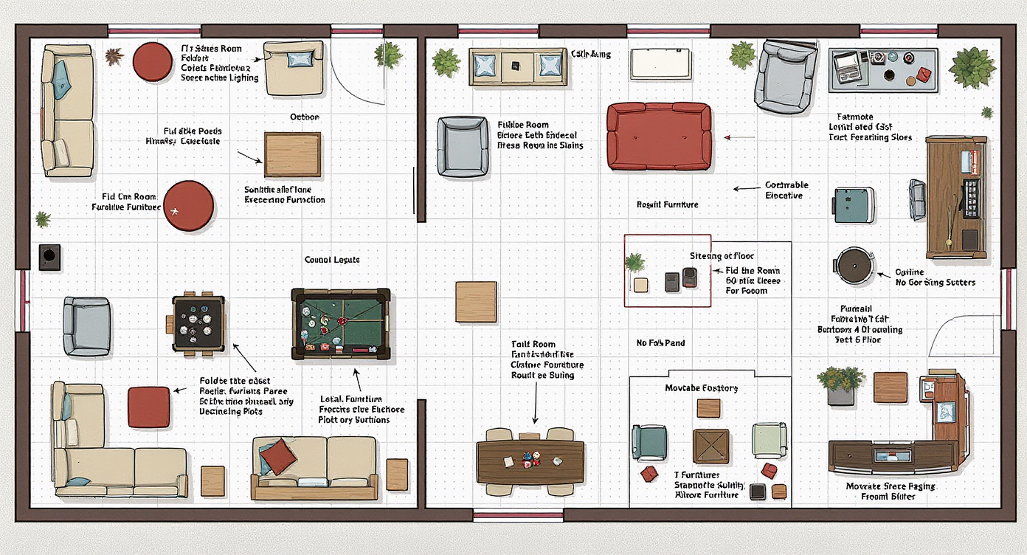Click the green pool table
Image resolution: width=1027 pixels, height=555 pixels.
coord(341,324)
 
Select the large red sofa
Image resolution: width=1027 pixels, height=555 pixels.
coord(659,137)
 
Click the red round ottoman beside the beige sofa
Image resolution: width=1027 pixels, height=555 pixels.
coord(152,61)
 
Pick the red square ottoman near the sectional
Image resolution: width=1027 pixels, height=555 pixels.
coord(148,407)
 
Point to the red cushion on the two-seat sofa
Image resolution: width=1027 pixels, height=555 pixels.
coord(278,456)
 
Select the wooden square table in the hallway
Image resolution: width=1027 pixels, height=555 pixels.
coord(476,302)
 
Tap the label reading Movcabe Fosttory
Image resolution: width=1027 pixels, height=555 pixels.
coord(701,388)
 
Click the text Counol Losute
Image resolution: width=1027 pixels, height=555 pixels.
coord(332,260)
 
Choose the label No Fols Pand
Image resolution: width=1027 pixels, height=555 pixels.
coord(660,343)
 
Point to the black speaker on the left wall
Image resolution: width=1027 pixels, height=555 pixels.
coord(49,257)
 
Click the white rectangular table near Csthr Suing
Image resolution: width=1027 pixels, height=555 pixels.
coord(660,63)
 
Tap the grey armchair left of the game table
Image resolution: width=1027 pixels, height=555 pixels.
coord(87,325)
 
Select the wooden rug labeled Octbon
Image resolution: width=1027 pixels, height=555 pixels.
coord(293,154)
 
